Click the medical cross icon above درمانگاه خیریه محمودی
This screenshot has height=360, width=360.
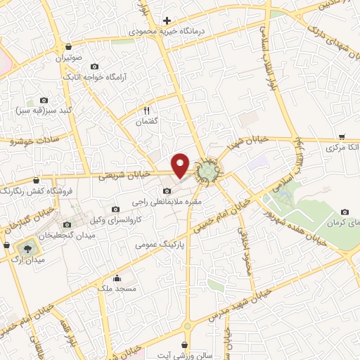pos(167,20)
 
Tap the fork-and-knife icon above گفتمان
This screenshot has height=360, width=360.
pos(147,110)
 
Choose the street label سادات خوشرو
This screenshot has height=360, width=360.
pos(32,141)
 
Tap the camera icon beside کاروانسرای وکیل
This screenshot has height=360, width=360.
pos(116,209)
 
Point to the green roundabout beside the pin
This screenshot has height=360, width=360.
pos(209,171)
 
